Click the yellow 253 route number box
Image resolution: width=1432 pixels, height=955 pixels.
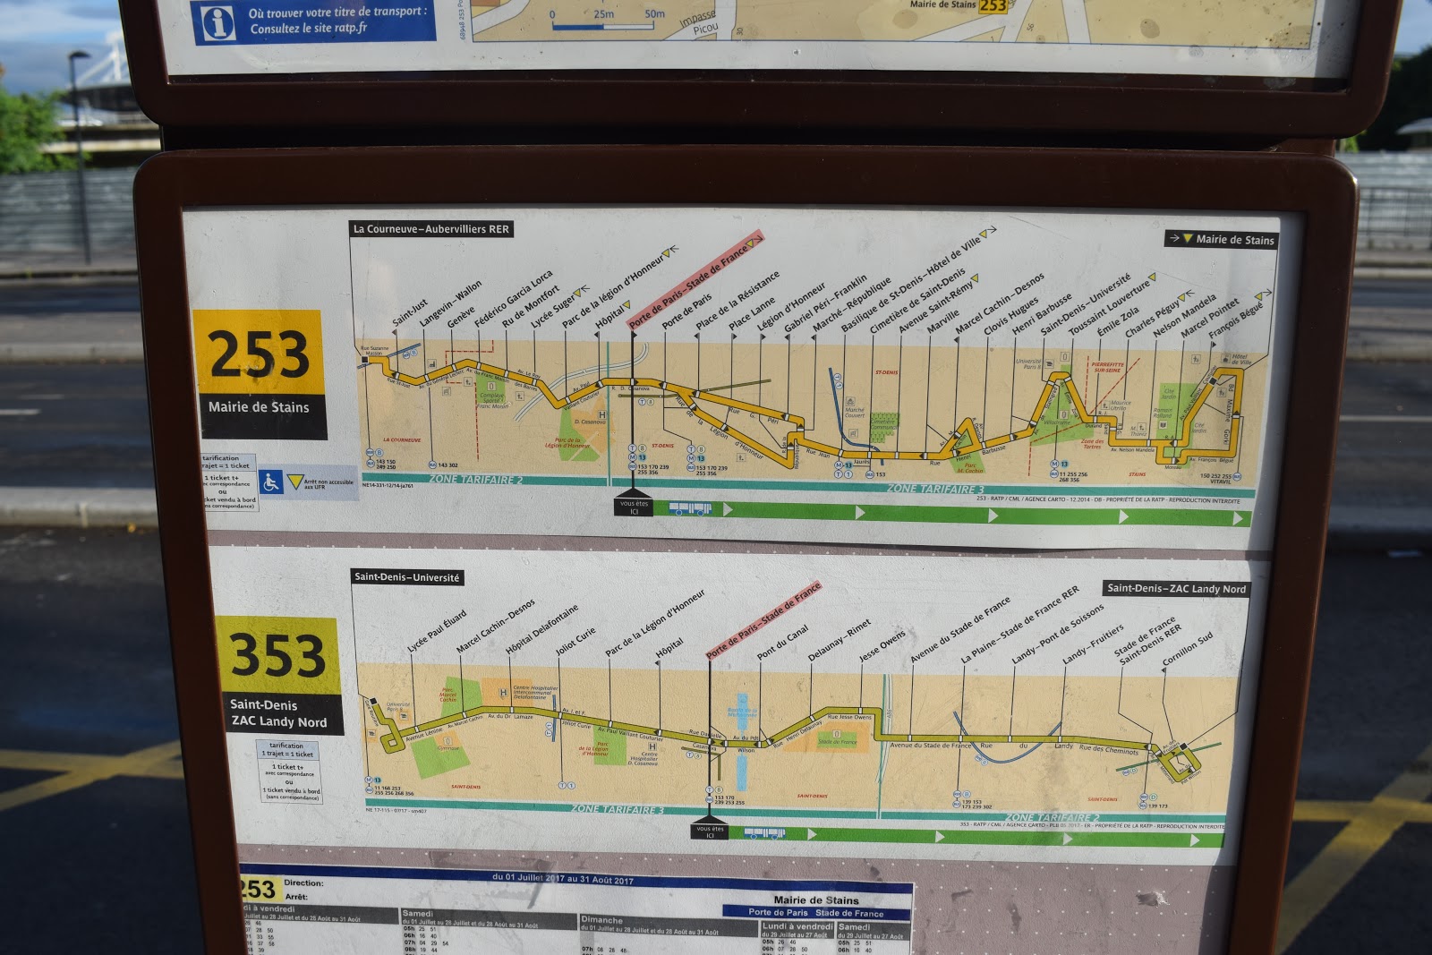coord(259,353)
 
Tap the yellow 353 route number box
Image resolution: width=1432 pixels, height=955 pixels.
coord(277,655)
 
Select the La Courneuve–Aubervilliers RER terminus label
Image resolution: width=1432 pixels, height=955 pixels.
coord(430,229)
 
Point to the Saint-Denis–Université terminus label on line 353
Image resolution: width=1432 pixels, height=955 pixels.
coord(407,577)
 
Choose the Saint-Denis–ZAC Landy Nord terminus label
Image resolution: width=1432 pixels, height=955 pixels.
coord(1175,588)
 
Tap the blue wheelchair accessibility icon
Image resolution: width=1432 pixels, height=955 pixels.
coord(270,482)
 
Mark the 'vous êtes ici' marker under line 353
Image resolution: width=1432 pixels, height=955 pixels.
coord(710,831)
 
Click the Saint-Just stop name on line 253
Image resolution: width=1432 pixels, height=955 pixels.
coord(410,312)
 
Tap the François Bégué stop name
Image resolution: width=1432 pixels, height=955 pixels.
coord(1237,319)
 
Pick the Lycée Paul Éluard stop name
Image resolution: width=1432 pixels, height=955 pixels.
coord(437,631)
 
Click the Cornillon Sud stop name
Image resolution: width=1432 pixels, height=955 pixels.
coord(1188,649)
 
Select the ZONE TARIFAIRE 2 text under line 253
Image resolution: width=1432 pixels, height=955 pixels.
coord(475,480)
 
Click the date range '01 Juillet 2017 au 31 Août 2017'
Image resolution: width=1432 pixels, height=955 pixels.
coord(562,879)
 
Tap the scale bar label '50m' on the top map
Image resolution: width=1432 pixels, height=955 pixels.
coord(654,13)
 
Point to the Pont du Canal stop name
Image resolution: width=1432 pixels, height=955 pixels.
coord(783,642)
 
